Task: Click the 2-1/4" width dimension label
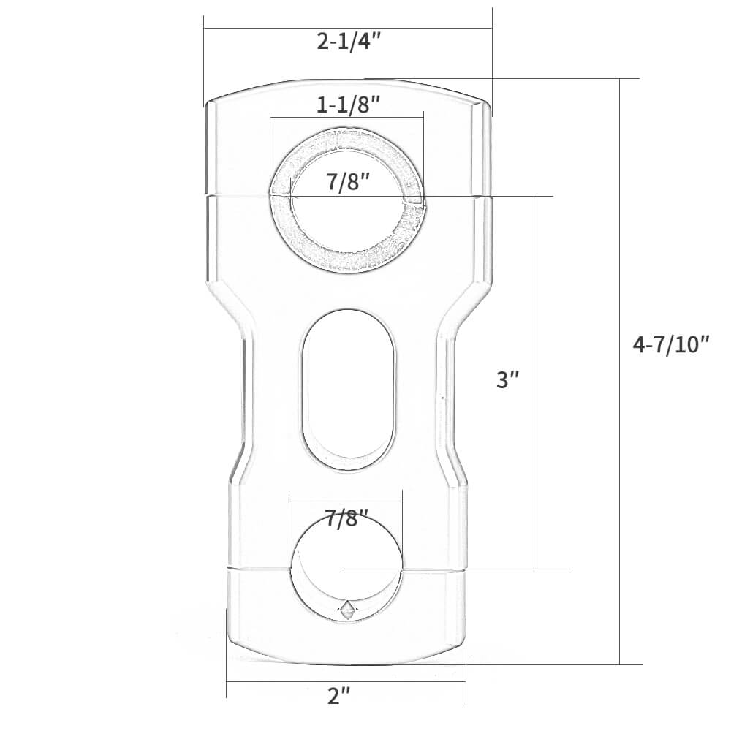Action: coord(349,42)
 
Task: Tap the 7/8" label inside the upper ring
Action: coord(347,182)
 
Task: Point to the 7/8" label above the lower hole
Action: coord(347,520)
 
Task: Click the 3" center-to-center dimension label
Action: coord(507,380)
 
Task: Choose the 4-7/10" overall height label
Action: coord(671,344)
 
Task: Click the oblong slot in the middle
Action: coord(349,388)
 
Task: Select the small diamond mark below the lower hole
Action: coord(347,607)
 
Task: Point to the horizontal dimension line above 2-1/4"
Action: coord(349,28)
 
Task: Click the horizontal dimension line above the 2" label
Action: coord(346,681)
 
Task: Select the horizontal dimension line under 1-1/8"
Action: coord(347,115)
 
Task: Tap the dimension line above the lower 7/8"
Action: coord(346,500)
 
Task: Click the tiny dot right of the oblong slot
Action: coord(442,398)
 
